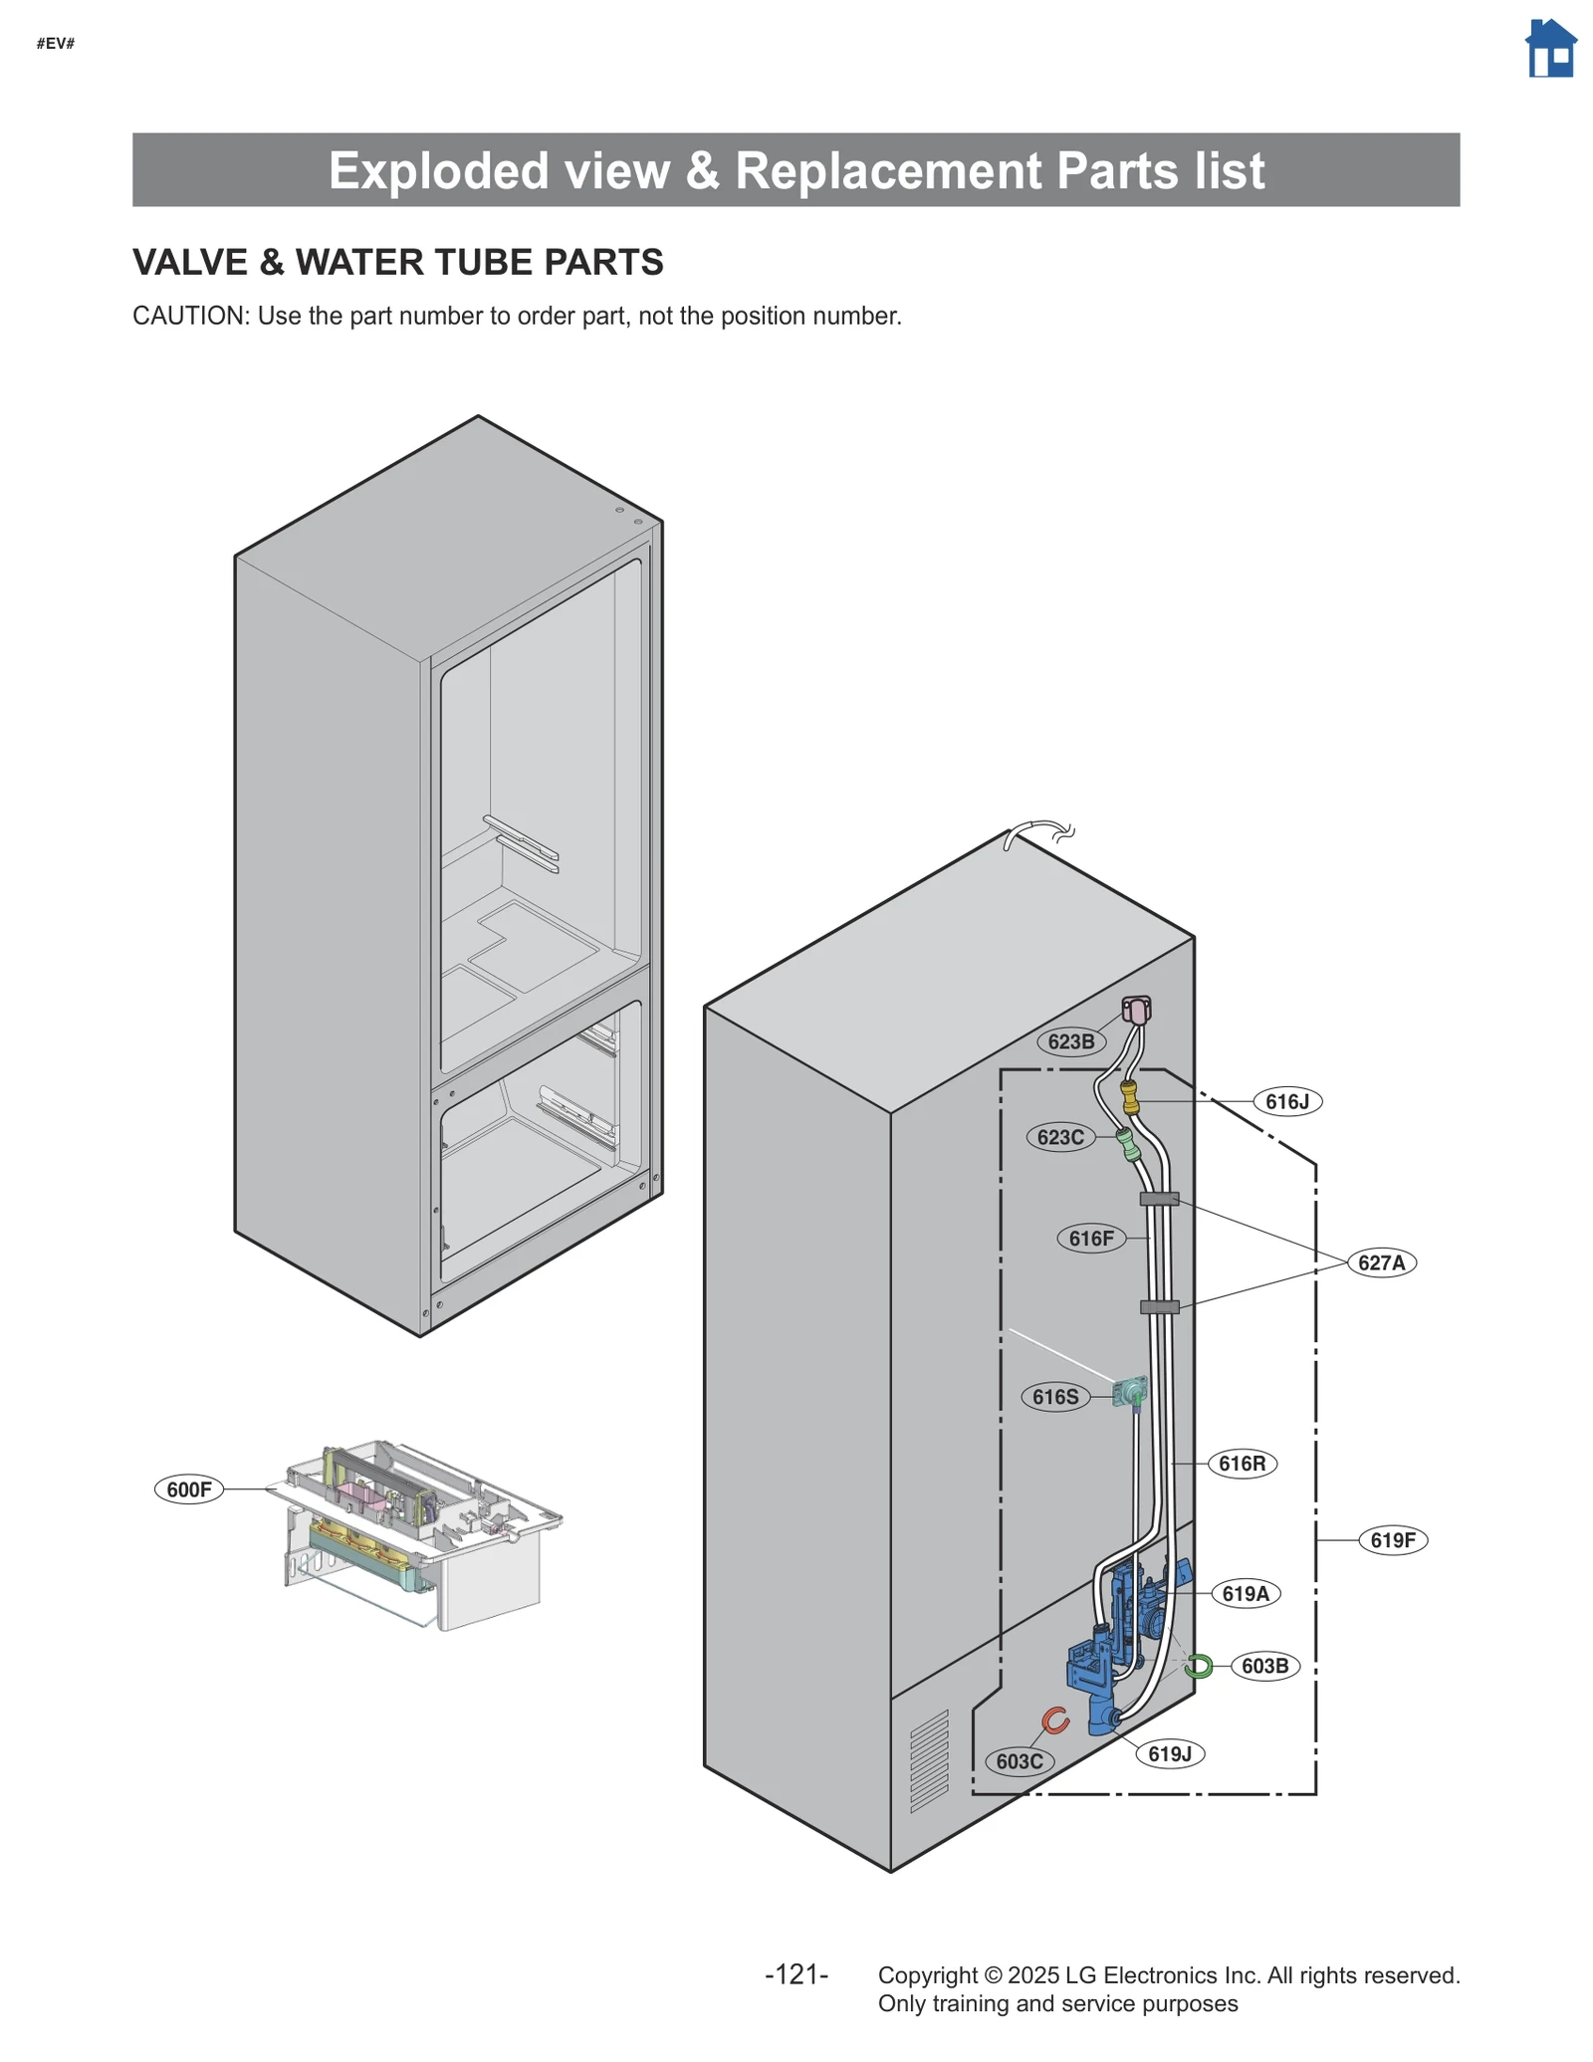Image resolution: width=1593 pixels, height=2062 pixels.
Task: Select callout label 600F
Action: (x=188, y=1489)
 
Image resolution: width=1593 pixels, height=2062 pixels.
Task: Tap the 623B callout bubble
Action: (x=1070, y=1041)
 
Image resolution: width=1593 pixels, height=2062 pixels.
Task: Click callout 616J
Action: (x=1286, y=1101)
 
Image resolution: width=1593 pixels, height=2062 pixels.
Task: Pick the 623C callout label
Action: (x=1059, y=1137)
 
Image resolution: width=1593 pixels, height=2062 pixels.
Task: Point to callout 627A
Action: (x=1381, y=1262)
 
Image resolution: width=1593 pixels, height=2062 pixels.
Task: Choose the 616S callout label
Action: (x=1054, y=1397)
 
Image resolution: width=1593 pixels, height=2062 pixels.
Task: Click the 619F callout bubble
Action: (x=1392, y=1540)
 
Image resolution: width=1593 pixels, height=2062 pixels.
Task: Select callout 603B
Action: (x=1264, y=1666)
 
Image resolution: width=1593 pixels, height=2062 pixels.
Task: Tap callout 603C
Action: (x=1019, y=1761)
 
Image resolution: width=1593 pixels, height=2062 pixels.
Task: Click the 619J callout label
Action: (x=1169, y=1753)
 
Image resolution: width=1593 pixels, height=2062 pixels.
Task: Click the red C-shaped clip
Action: (x=1054, y=1719)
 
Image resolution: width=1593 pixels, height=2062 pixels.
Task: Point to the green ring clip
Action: (x=1199, y=1665)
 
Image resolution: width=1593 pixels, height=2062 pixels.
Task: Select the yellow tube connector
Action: (x=1130, y=1097)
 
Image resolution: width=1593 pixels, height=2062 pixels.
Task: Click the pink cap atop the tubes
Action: (x=1136, y=1010)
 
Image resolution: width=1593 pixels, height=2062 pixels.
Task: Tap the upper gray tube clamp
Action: (x=1159, y=1199)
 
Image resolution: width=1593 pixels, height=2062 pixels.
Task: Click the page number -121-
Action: (x=796, y=1974)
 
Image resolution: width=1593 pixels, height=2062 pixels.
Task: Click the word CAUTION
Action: (x=188, y=316)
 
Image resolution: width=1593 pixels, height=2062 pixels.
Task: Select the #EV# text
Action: (x=56, y=43)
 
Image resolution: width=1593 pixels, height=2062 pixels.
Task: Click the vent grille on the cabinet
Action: (x=929, y=1761)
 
